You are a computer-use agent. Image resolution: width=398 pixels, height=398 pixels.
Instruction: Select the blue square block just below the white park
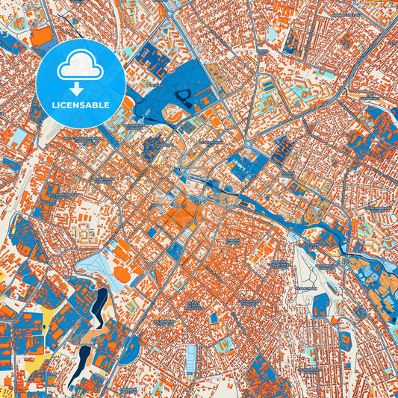click(320, 304)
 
